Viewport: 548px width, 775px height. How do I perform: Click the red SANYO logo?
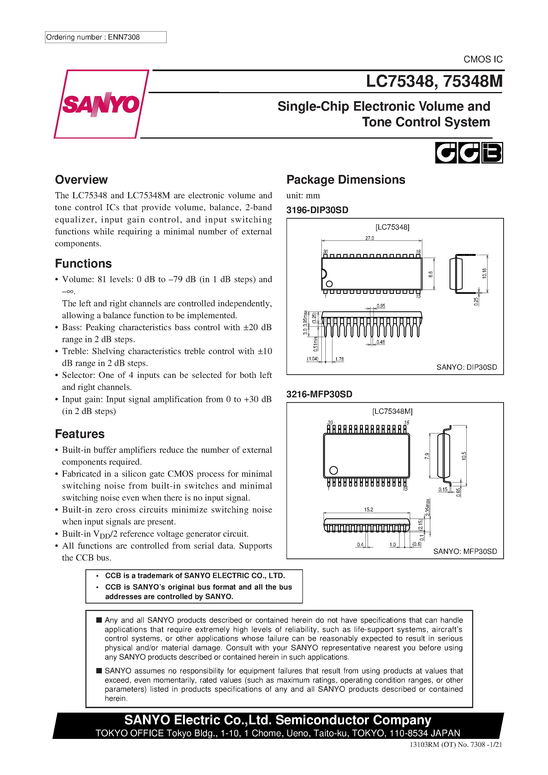[x=101, y=104]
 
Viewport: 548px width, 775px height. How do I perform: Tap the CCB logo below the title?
[x=469, y=153]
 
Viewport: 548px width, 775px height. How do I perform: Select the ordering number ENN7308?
[x=124, y=37]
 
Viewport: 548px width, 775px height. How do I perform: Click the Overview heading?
[x=81, y=180]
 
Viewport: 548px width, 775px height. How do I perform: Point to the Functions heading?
[x=83, y=264]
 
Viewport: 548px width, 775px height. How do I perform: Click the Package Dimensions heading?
[x=346, y=180]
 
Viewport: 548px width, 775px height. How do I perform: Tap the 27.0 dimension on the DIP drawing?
[x=369, y=238]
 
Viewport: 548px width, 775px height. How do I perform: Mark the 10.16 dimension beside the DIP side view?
[x=485, y=273]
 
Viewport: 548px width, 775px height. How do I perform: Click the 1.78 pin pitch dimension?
[x=340, y=359]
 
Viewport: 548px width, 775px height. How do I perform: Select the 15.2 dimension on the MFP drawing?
[x=368, y=509]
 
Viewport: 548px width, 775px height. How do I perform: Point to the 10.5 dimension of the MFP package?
[x=464, y=456]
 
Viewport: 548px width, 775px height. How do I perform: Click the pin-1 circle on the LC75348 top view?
[x=329, y=284]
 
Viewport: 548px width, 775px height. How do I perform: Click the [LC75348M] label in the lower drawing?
[x=392, y=411]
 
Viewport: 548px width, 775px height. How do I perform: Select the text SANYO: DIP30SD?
[x=466, y=367]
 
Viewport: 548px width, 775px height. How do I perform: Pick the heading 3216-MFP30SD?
[x=319, y=394]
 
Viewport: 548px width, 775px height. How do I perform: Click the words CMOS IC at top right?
[x=482, y=59]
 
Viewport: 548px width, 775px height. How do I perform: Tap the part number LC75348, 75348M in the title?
[x=434, y=81]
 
